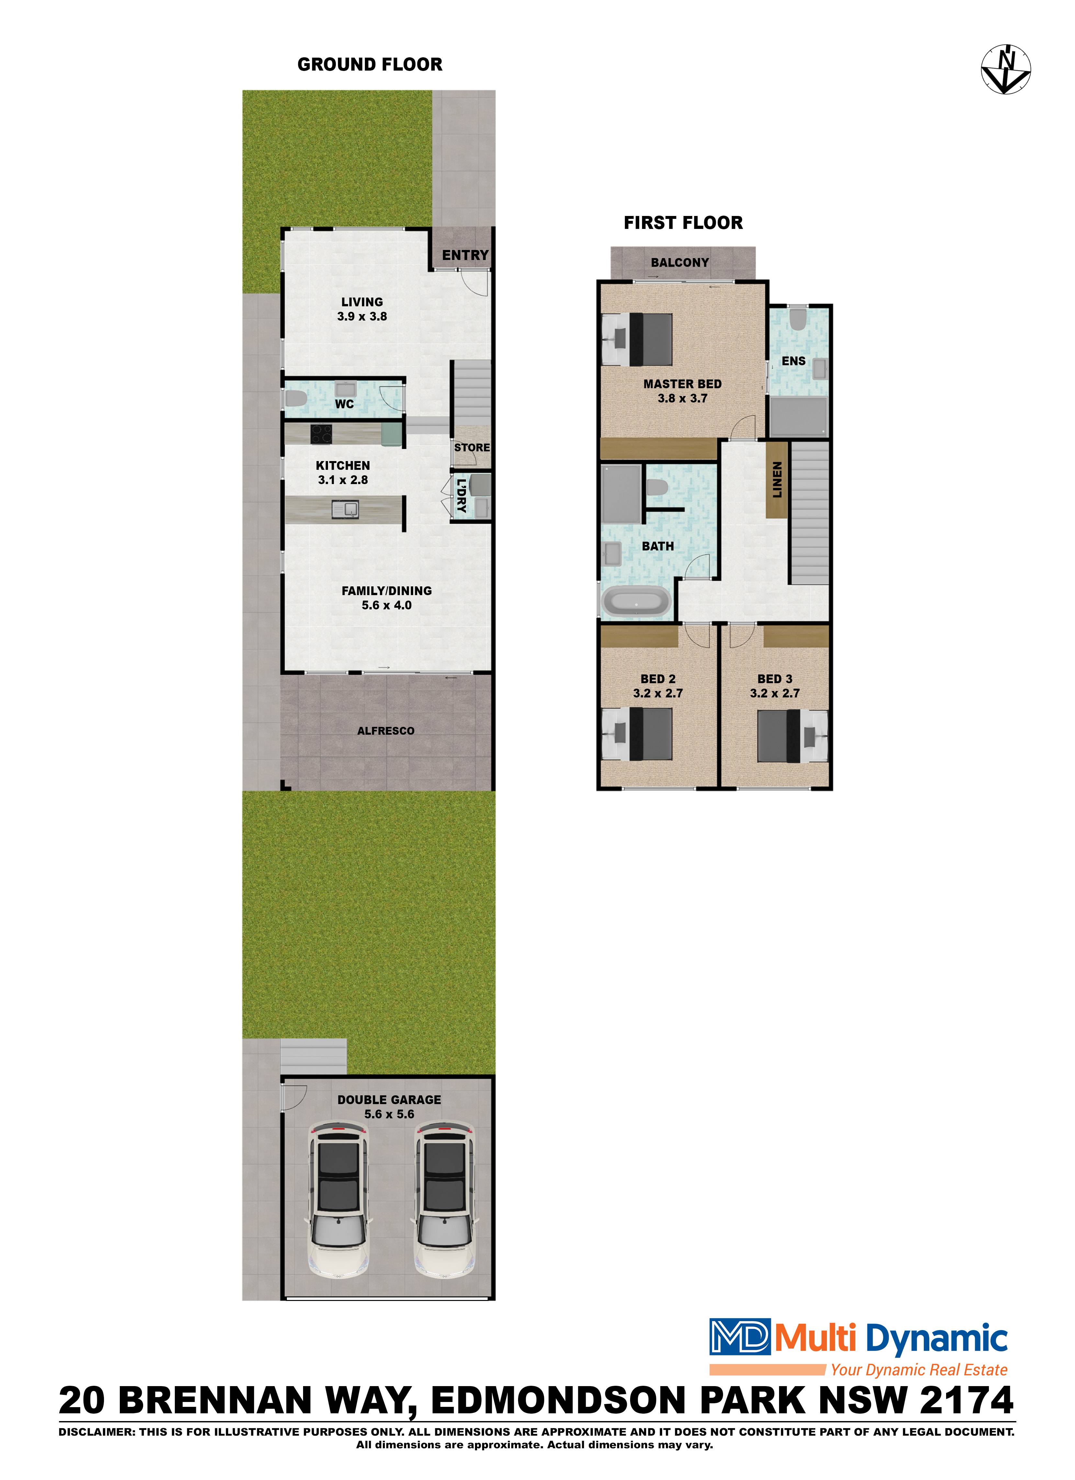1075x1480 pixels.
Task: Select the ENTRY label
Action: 465,255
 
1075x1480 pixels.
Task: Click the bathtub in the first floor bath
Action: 636,602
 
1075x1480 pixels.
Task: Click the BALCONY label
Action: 679,262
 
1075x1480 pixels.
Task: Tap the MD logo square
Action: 740,1337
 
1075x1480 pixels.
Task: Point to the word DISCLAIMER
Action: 96,1432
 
